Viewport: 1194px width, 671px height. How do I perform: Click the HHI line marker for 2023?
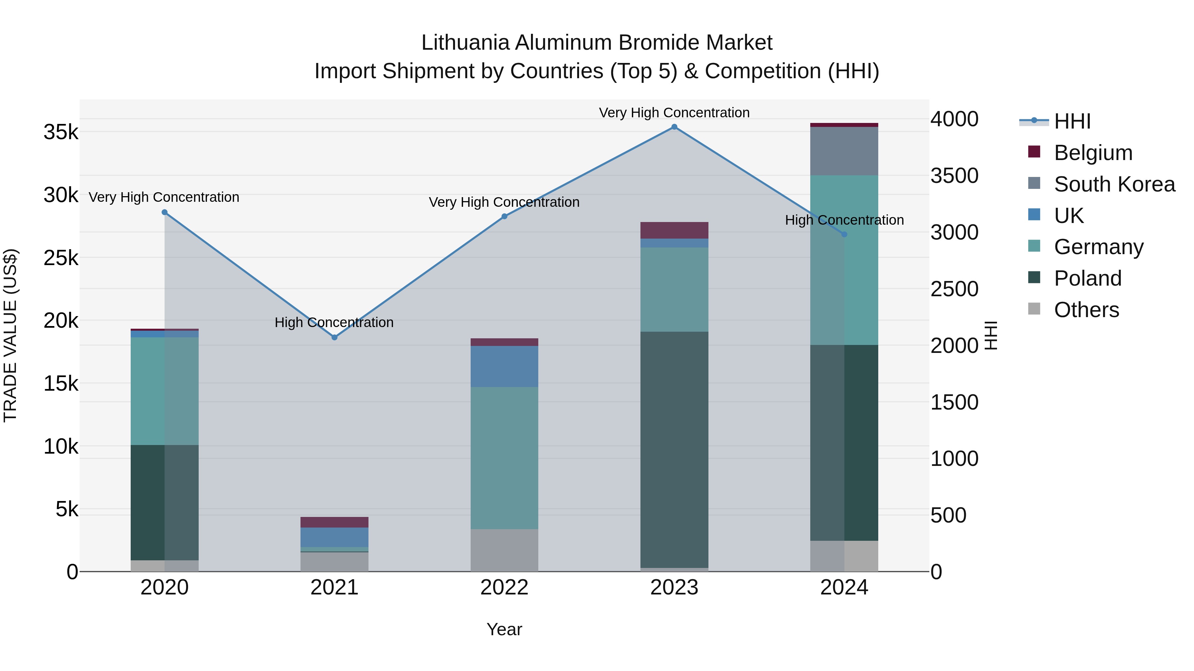point(674,127)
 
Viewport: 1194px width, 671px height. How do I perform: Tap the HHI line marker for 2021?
point(334,338)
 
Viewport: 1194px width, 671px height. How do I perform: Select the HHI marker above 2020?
point(165,212)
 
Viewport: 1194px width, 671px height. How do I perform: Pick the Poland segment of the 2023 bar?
point(674,449)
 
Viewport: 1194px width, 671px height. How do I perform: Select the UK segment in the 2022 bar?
point(504,366)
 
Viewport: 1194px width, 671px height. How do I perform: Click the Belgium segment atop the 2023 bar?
point(674,230)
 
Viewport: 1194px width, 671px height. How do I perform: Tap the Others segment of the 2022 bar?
point(504,550)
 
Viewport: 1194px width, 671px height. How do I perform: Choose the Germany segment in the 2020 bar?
point(165,391)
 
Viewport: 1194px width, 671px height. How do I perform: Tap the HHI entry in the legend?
point(1072,121)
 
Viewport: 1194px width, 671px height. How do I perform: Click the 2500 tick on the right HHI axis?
point(954,289)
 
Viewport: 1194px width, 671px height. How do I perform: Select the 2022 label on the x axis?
point(504,587)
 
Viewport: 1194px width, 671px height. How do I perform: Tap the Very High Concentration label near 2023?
point(674,113)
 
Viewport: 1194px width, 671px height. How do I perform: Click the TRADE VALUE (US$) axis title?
point(10,335)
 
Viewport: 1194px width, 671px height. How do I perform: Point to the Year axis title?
point(504,629)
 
